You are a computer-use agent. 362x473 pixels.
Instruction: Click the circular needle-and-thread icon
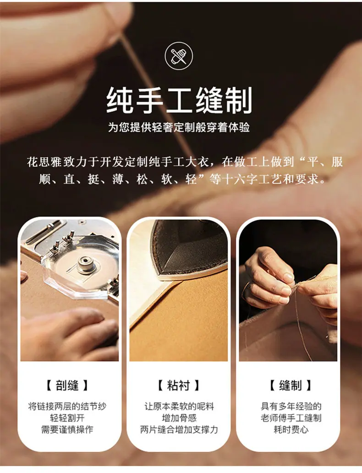tap(179, 56)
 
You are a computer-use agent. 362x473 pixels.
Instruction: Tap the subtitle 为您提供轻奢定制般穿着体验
tap(179, 128)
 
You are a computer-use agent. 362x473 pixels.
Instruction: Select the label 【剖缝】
tap(67, 385)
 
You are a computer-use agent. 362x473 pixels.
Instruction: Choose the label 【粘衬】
tap(178, 385)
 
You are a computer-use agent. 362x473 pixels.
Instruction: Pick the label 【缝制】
tap(290, 385)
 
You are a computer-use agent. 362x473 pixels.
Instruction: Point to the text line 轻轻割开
tap(67, 418)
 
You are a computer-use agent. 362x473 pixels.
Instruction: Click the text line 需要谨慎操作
tap(67, 429)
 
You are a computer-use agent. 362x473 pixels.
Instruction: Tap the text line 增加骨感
tap(179, 418)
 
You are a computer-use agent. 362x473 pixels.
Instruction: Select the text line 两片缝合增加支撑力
tap(179, 429)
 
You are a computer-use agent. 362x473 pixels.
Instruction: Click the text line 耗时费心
tap(291, 429)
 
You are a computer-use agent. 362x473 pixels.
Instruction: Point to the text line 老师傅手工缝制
tap(291, 418)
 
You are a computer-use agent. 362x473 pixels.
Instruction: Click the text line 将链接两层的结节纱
tap(67, 406)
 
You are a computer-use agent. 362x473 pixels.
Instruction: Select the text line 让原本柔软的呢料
tap(179, 406)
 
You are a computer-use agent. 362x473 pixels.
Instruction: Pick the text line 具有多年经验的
tap(291, 406)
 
